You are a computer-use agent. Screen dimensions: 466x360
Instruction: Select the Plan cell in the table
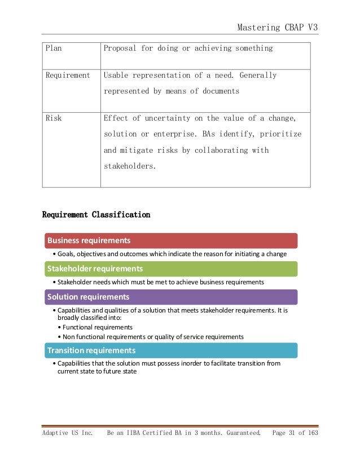[x=54, y=49]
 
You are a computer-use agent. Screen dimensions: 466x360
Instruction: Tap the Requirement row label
[x=68, y=75]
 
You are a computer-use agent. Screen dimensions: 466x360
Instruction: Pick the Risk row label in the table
[x=54, y=118]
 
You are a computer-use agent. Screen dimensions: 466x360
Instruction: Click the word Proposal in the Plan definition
[x=120, y=49]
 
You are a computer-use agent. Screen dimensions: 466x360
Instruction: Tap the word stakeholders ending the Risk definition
[x=129, y=166]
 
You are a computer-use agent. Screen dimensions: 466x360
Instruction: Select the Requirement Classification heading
[x=96, y=215]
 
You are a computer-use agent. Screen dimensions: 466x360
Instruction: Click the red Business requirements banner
[x=170, y=240]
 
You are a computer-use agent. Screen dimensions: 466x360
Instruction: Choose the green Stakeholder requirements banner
[x=170, y=269]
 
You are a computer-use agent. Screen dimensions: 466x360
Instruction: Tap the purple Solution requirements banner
[x=170, y=297]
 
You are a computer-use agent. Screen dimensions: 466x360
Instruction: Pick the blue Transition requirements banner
[x=170, y=350]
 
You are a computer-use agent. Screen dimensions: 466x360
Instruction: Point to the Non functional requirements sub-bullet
[x=153, y=337]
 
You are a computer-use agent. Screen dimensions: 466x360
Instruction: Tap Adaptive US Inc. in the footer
[x=67, y=434]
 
